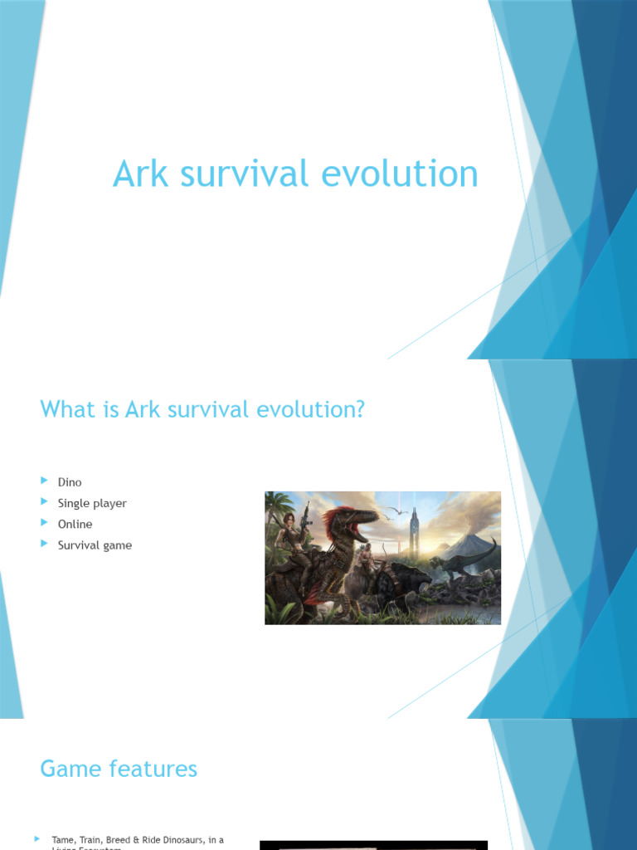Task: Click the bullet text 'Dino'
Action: coord(70,482)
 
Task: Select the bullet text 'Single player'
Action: coord(92,503)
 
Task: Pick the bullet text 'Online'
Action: coord(75,524)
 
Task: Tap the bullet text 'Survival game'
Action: coord(95,545)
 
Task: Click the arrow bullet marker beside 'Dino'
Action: coord(45,481)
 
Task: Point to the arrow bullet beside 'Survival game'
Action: coord(45,545)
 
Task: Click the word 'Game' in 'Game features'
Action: coord(69,769)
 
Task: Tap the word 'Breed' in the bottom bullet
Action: coord(118,840)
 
